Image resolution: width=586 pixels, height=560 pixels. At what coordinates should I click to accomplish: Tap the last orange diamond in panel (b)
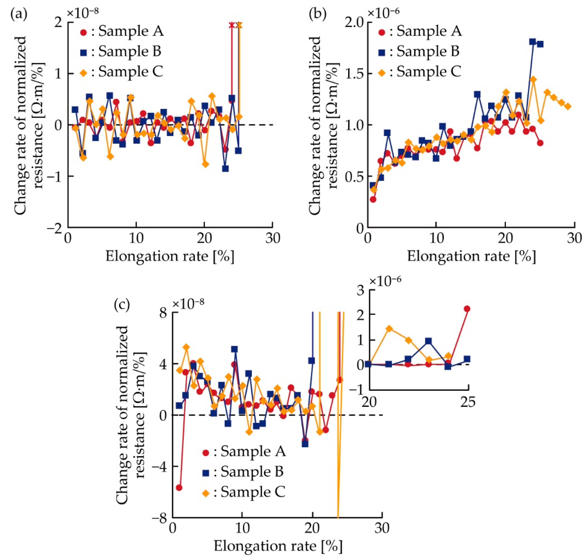(x=567, y=106)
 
